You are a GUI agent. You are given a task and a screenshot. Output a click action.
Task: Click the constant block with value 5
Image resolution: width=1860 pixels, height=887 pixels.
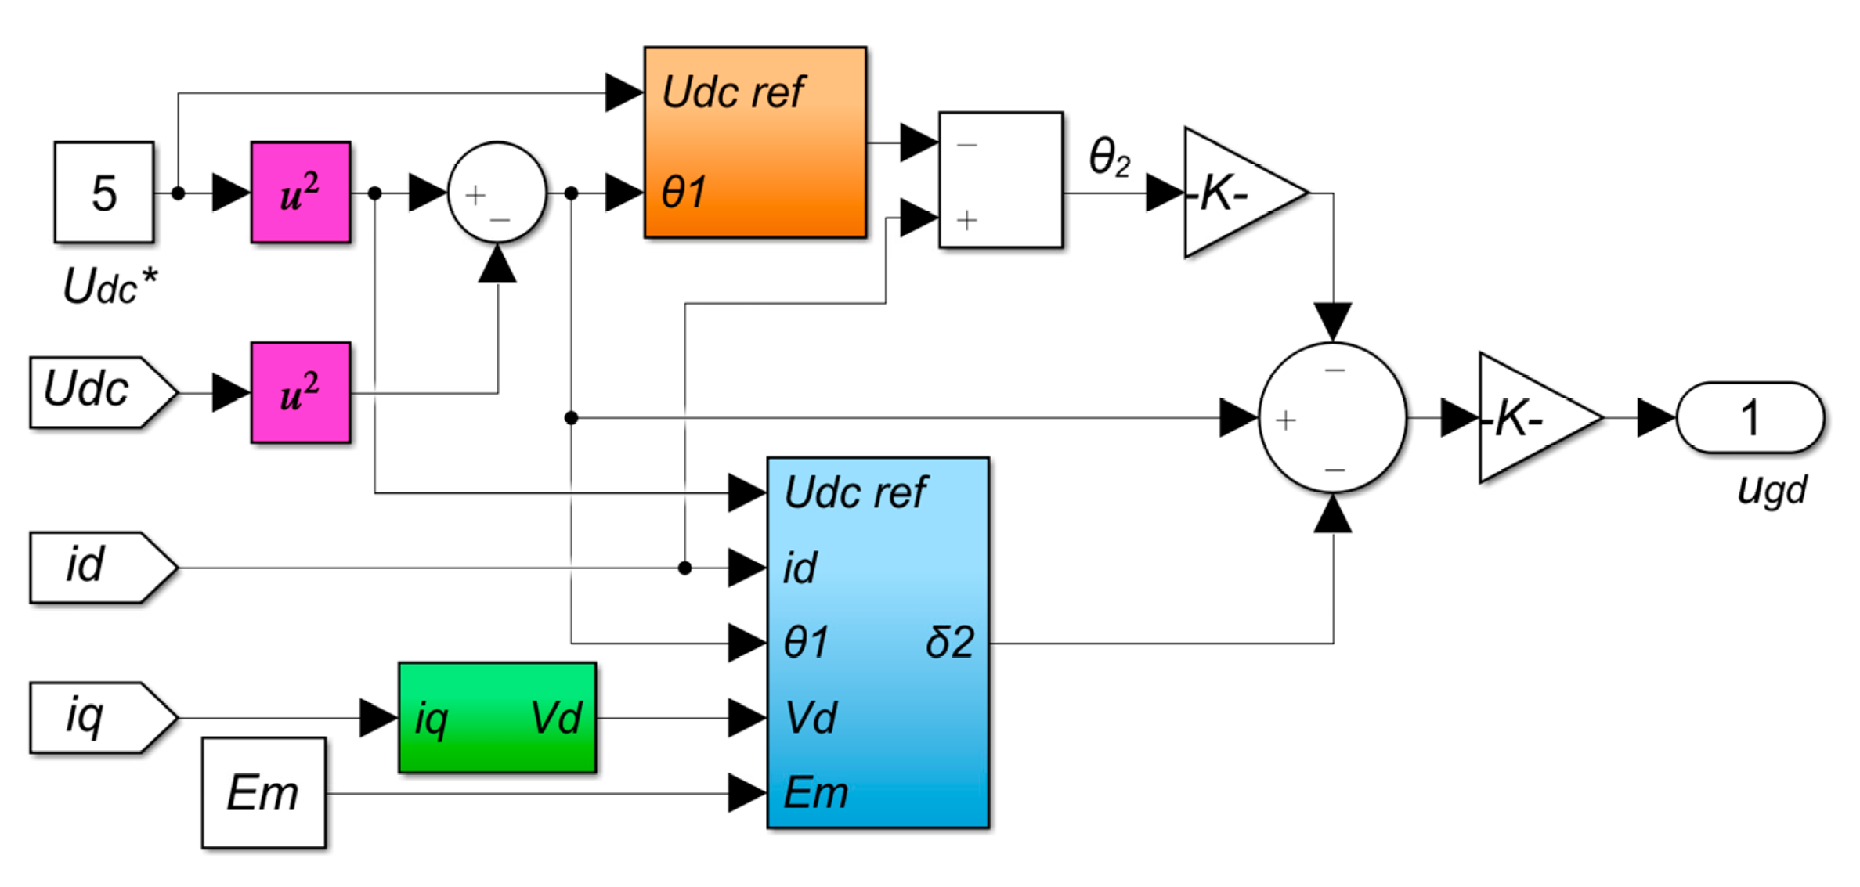click(x=104, y=193)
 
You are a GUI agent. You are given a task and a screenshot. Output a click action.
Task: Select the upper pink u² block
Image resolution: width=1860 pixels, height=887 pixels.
click(x=301, y=193)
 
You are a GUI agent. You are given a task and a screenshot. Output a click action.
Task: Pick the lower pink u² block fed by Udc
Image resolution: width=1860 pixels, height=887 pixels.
click(x=301, y=392)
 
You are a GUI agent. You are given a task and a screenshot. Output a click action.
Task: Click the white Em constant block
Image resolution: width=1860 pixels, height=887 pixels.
click(x=263, y=792)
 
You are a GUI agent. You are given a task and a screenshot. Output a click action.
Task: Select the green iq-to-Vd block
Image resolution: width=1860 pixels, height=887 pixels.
click(x=497, y=717)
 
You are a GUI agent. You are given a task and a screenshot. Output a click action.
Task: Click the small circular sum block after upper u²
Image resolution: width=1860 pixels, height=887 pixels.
click(x=497, y=193)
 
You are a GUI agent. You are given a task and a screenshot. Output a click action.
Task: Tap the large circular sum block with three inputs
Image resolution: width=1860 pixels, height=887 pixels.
click(x=1332, y=418)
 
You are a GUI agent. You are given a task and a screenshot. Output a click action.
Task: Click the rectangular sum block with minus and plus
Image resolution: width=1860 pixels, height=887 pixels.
click(x=1001, y=180)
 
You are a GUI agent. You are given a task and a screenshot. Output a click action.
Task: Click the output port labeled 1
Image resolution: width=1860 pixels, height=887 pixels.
click(x=1750, y=418)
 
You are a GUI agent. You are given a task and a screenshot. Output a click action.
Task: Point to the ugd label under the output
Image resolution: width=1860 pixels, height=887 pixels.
click(x=1772, y=491)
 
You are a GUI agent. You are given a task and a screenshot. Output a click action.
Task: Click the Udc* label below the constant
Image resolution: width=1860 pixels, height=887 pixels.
click(x=110, y=287)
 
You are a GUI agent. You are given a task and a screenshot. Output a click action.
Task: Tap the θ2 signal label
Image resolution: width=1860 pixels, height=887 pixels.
click(x=1110, y=158)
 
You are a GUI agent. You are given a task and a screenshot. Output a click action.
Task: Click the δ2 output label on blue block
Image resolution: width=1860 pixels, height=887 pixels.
click(x=949, y=643)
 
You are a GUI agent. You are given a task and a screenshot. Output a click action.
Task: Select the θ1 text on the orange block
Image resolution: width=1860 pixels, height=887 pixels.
click(x=684, y=193)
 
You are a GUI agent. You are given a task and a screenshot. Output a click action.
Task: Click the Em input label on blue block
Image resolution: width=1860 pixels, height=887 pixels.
click(x=816, y=792)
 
